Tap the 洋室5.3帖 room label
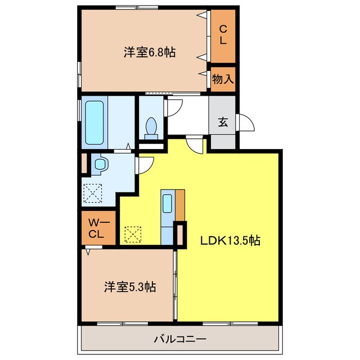pos(129,287)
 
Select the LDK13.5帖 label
pos(231,240)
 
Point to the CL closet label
pos(223,35)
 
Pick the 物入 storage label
pos(223,79)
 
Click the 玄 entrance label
pos(223,122)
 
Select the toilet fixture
pos(151,128)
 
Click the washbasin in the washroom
pos(100,163)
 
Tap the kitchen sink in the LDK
pos(168,204)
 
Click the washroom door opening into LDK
pos(145,164)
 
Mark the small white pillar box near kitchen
pos(180,235)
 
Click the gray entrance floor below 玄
pos(223,140)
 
